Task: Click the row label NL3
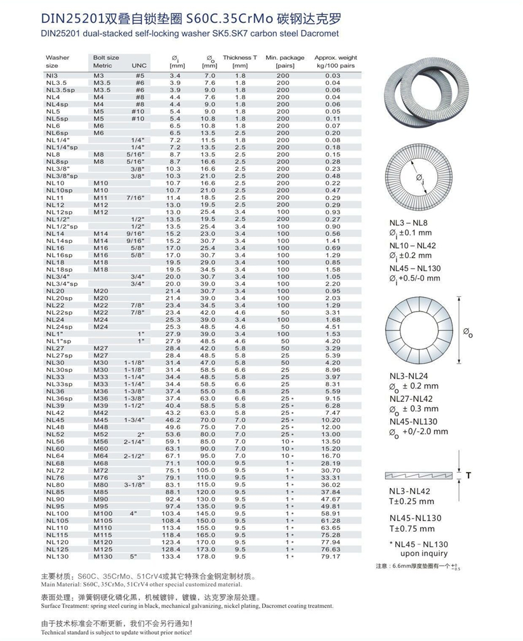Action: click(52, 76)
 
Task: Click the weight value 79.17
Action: click(331, 556)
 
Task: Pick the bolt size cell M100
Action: click(103, 513)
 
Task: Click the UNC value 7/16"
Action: click(136, 198)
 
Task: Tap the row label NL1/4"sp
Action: click(61, 147)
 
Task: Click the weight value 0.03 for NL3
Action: click(333, 76)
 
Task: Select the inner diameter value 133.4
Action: click(173, 556)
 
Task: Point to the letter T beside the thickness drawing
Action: click(468, 475)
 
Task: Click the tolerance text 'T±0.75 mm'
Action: click(412, 529)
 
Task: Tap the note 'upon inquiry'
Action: click(423, 553)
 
